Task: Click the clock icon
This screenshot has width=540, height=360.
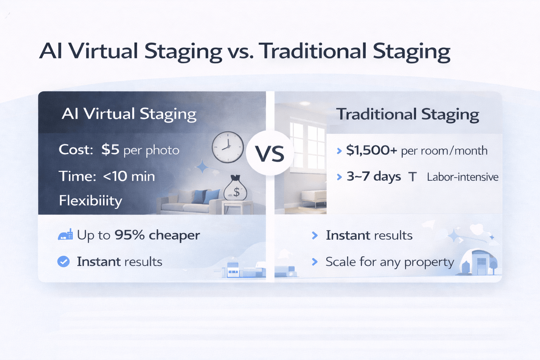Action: [228, 147]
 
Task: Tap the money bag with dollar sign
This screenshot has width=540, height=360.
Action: [235, 189]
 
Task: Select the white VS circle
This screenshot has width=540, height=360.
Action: [270, 154]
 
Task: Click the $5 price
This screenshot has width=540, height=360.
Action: [110, 150]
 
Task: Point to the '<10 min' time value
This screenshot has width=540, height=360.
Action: [129, 176]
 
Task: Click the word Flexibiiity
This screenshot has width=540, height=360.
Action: [90, 200]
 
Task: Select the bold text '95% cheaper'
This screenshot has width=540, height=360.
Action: [157, 235]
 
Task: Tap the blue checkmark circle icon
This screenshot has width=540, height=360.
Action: [63, 262]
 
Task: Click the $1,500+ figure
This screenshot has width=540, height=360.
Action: [372, 150]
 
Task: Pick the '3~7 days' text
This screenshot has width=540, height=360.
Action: [374, 176]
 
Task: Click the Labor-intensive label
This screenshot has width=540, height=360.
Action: [462, 177]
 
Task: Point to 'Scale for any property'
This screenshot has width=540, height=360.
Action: [390, 262]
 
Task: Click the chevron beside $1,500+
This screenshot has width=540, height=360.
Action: [339, 151]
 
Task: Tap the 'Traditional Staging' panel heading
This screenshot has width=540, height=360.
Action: [407, 114]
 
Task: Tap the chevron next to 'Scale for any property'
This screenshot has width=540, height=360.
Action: [315, 262]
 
